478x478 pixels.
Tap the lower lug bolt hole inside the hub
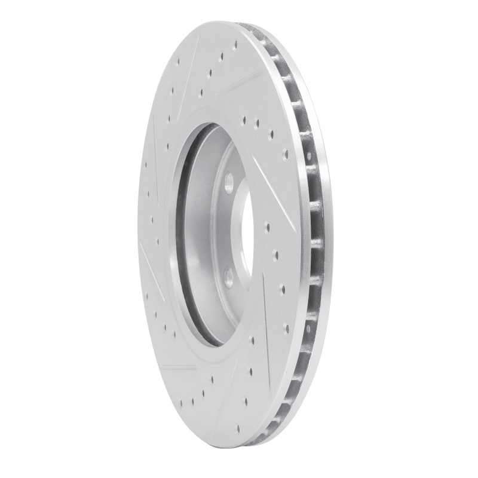(228, 276)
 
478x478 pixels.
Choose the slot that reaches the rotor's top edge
(238, 84)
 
